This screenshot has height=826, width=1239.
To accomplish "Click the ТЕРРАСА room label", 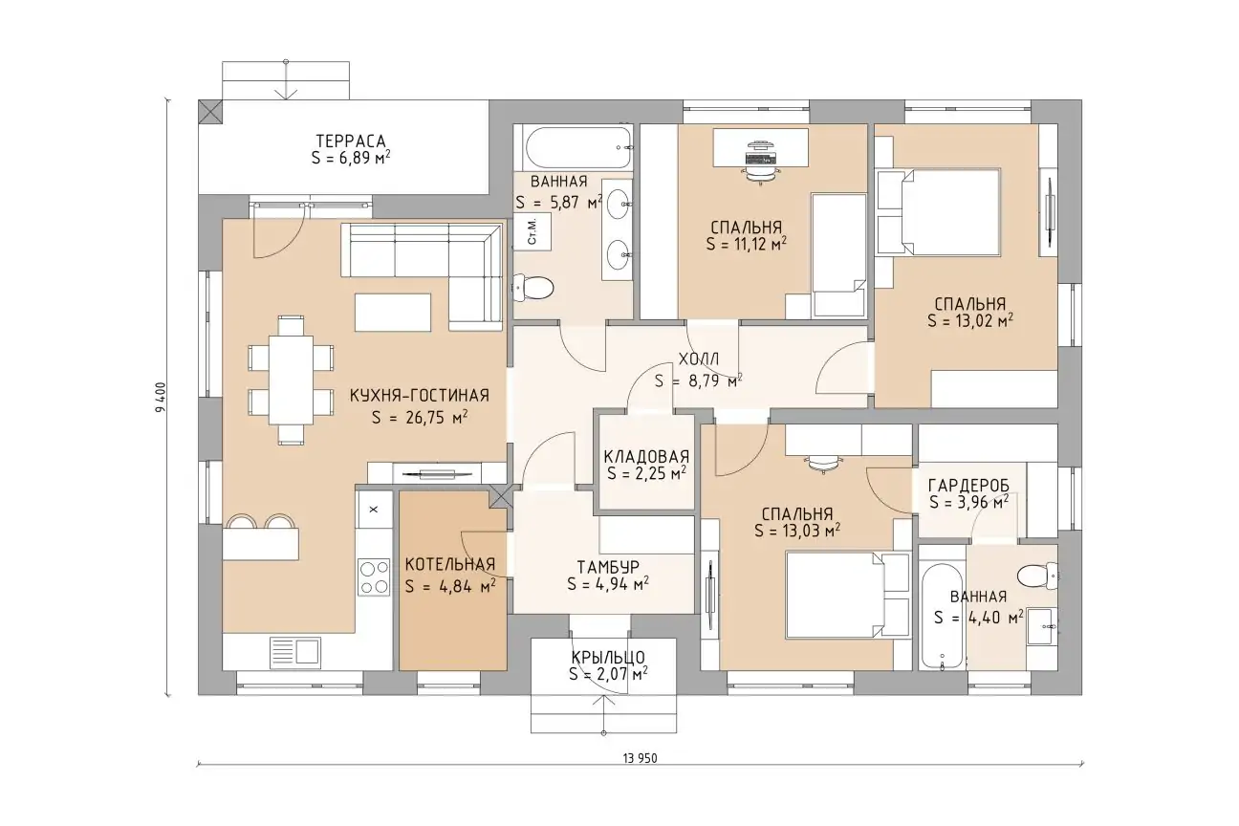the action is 351,141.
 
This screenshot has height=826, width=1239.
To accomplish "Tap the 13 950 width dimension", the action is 640,758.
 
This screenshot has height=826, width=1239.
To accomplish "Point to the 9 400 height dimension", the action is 161,398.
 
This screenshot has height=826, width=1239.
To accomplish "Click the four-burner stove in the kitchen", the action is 374,577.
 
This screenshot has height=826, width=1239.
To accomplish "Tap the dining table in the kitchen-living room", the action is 291,380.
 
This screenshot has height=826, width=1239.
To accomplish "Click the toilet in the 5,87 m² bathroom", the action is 533,288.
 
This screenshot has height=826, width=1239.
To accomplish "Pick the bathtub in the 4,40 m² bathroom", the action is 942,617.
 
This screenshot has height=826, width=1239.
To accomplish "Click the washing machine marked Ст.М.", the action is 533,232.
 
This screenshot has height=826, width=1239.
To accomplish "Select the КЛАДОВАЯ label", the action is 646,457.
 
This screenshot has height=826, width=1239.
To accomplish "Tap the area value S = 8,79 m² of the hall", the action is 698,381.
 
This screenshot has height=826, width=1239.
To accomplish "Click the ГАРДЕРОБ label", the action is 968,486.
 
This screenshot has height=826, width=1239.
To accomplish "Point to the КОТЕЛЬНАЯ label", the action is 449,565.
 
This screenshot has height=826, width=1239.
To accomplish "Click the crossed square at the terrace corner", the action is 210,112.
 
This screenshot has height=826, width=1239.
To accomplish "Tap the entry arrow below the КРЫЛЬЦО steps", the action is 603,715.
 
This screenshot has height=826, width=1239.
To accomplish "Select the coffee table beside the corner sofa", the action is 393,313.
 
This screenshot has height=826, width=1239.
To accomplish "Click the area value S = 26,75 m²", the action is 420,417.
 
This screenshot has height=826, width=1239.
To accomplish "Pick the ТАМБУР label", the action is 608,567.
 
